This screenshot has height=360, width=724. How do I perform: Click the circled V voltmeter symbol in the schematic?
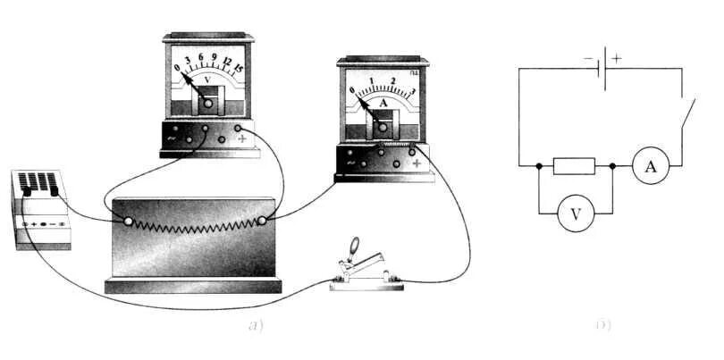coord(575,214)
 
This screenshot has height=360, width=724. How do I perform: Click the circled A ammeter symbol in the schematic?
coord(651,166)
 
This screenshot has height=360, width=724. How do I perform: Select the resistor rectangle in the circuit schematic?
coord(574,166)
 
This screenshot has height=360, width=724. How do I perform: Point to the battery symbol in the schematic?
coord(601,71)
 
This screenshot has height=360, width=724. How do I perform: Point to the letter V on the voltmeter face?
coord(207,80)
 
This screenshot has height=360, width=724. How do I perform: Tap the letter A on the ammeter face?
coord(383,103)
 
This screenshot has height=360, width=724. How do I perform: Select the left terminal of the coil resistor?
coord(127,222)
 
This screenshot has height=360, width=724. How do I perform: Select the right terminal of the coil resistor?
coord(262,221)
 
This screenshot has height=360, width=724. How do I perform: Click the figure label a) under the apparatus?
coord(257,326)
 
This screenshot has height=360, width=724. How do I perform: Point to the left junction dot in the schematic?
coord(539,166)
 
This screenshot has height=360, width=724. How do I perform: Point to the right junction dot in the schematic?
coord(611,166)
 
